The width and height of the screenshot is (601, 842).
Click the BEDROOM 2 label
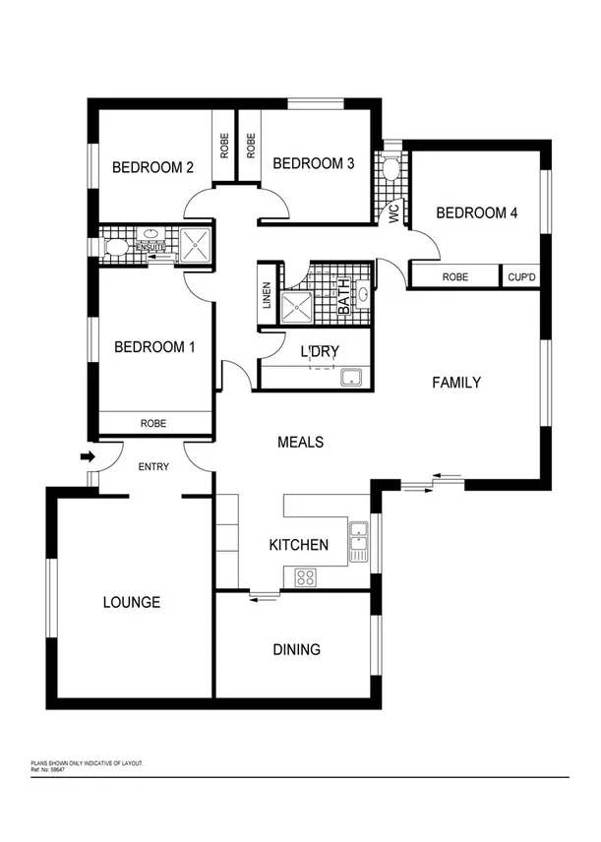click(151, 167)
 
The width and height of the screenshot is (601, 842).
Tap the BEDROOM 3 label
click(313, 163)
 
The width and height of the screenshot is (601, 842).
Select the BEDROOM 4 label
click(476, 212)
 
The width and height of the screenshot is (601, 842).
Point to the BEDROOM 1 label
click(154, 346)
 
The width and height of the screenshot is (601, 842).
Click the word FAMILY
click(457, 382)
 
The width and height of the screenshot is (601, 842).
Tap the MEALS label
click(300, 443)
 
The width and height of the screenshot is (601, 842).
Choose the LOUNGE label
click(132, 602)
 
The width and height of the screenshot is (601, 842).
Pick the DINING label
click(296, 649)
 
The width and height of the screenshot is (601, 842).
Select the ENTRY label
click(154, 466)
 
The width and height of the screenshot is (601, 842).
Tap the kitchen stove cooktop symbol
click(305, 576)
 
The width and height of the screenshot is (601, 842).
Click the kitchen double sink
click(358, 541)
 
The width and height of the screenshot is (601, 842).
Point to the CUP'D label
click(520, 277)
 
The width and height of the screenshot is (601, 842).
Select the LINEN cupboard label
click(267, 294)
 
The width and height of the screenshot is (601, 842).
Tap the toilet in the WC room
click(391, 169)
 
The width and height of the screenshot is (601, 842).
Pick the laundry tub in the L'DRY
click(351, 377)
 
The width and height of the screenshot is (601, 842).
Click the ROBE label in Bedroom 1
click(153, 424)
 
